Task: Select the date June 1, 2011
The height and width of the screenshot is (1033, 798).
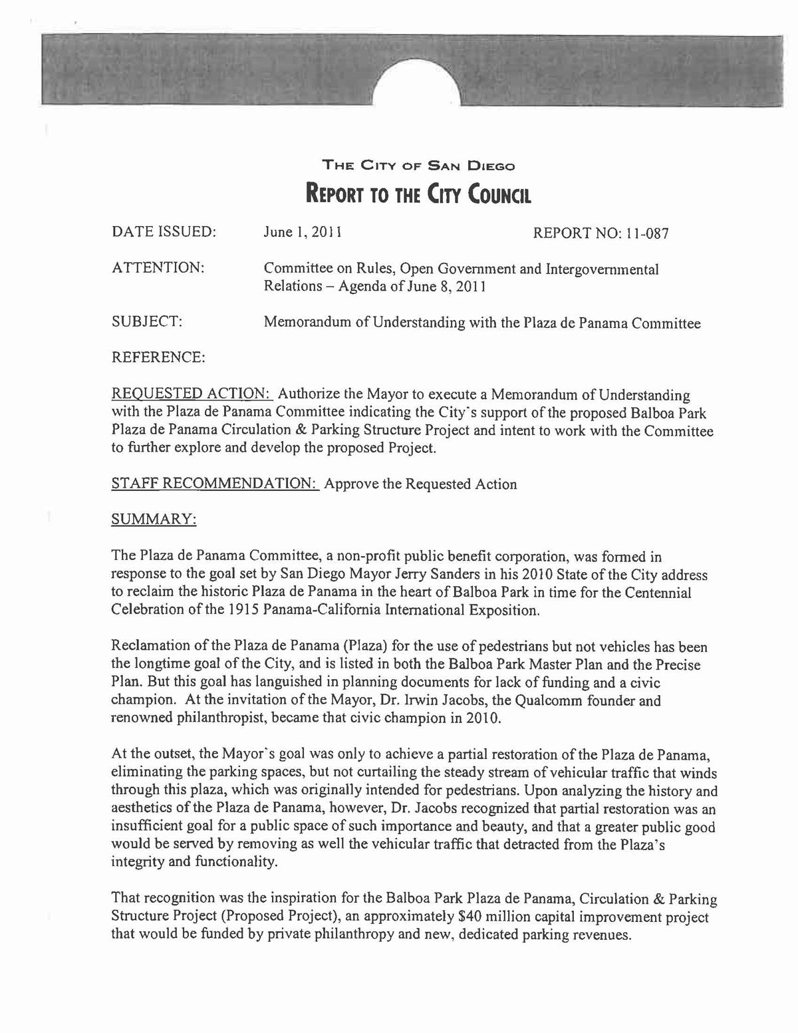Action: tap(303, 232)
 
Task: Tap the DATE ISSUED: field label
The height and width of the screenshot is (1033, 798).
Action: tap(164, 232)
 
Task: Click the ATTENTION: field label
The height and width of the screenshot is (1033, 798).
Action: tap(158, 268)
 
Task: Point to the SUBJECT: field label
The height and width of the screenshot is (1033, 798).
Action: tap(147, 322)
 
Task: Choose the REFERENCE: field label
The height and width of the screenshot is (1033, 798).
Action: tap(158, 358)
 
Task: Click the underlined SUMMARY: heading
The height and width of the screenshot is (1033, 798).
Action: tap(154, 519)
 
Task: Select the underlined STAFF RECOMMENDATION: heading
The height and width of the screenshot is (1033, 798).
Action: tap(215, 484)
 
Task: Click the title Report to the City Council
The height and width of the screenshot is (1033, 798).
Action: tap(418, 194)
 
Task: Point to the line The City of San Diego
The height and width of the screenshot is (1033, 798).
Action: tap(418, 165)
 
